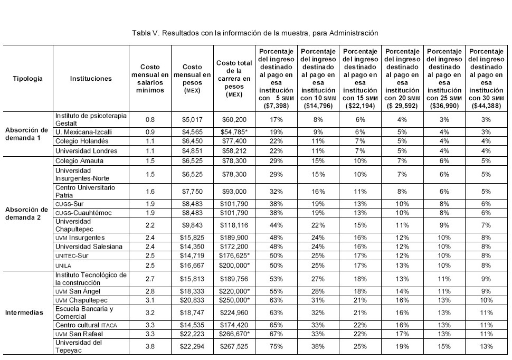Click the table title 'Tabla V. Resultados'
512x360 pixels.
(255, 33)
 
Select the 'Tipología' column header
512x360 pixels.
(28, 79)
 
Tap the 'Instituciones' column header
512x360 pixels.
(91, 79)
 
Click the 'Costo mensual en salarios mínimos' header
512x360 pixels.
(150, 79)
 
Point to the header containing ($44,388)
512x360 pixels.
(486, 79)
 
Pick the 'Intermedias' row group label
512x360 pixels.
(24, 312)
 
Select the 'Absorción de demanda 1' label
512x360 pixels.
(26, 134)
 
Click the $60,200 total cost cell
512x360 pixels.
(234, 120)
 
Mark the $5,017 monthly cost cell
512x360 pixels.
(192, 120)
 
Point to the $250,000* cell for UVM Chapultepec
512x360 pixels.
(234, 300)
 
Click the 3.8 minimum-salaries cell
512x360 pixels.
(150, 346)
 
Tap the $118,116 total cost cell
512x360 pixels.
(234, 226)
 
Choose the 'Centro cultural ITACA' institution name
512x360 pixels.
(86, 325)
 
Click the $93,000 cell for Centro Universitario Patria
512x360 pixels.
(234, 191)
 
